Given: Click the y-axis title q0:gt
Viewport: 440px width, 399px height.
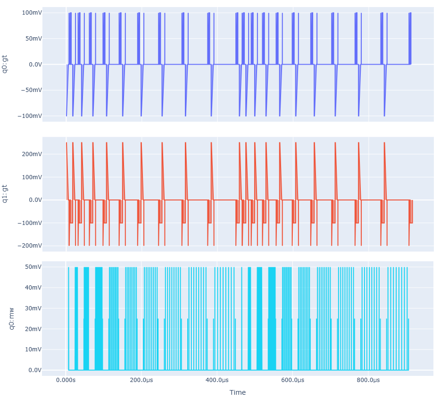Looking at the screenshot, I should pos(5,64).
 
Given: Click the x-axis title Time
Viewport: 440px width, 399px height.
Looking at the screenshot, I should pos(237,392).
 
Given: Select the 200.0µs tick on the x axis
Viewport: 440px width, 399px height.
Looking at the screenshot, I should pos(141,380).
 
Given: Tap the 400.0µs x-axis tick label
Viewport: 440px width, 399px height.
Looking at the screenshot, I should pos(217,380).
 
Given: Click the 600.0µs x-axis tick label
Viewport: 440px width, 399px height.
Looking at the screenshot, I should pos(292,380).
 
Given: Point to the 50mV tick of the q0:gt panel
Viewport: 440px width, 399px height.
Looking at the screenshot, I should pos(32,39).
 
